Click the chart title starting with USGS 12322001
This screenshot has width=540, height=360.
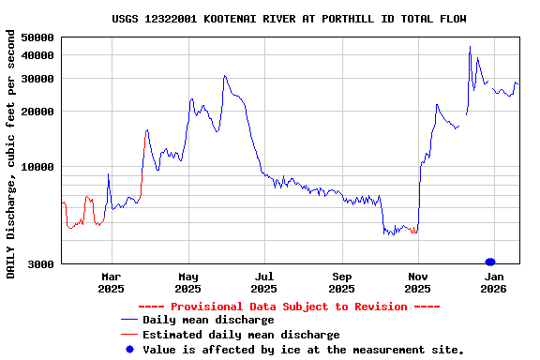click(289, 19)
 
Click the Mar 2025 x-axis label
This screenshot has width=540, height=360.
click(112, 283)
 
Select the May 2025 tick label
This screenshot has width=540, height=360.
click(188, 283)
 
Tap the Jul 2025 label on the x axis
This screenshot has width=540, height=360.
click(265, 283)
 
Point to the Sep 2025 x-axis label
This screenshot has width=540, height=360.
click(342, 283)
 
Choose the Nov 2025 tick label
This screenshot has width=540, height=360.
click(419, 283)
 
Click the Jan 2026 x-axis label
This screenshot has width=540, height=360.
click(495, 283)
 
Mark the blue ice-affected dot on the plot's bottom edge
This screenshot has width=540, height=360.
click(489, 262)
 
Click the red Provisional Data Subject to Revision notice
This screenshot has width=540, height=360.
click(289, 307)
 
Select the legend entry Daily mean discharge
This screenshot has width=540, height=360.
click(208, 321)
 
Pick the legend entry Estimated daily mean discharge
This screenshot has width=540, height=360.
click(241, 335)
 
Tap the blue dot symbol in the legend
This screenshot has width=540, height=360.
click(129, 349)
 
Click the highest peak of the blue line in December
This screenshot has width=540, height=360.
click(470, 47)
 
